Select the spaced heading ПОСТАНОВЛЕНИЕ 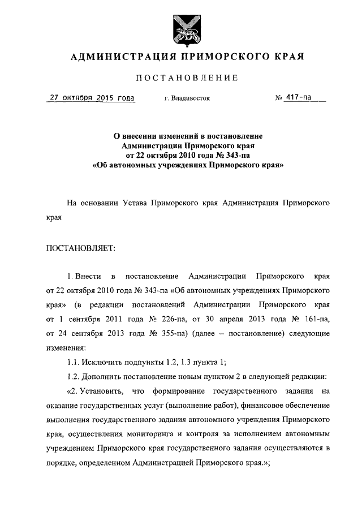click(x=186, y=78)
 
